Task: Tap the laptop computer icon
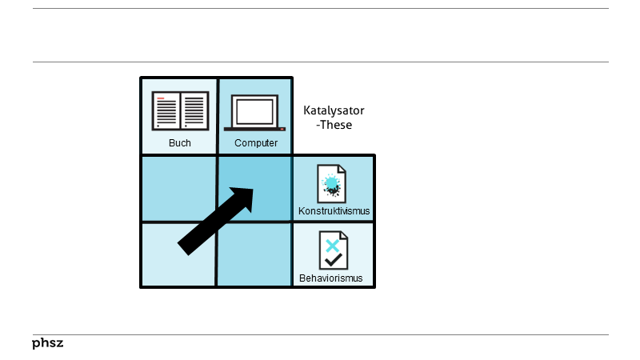[x=254, y=113]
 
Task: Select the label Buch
[x=179, y=143]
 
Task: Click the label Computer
[x=256, y=143]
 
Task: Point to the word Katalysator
[x=334, y=110]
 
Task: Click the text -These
[x=334, y=125]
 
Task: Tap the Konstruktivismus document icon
[x=332, y=184]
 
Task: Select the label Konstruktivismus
[x=334, y=211]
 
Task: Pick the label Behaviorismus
[x=331, y=278]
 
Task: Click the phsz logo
[x=47, y=343]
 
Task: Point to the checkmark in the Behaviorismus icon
[x=334, y=259]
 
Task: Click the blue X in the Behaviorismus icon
[x=332, y=245]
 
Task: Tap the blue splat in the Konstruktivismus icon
[x=330, y=183]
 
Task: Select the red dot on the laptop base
[x=282, y=128]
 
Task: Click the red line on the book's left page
[x=161, y=98]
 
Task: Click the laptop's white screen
[x=254, y=110]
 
